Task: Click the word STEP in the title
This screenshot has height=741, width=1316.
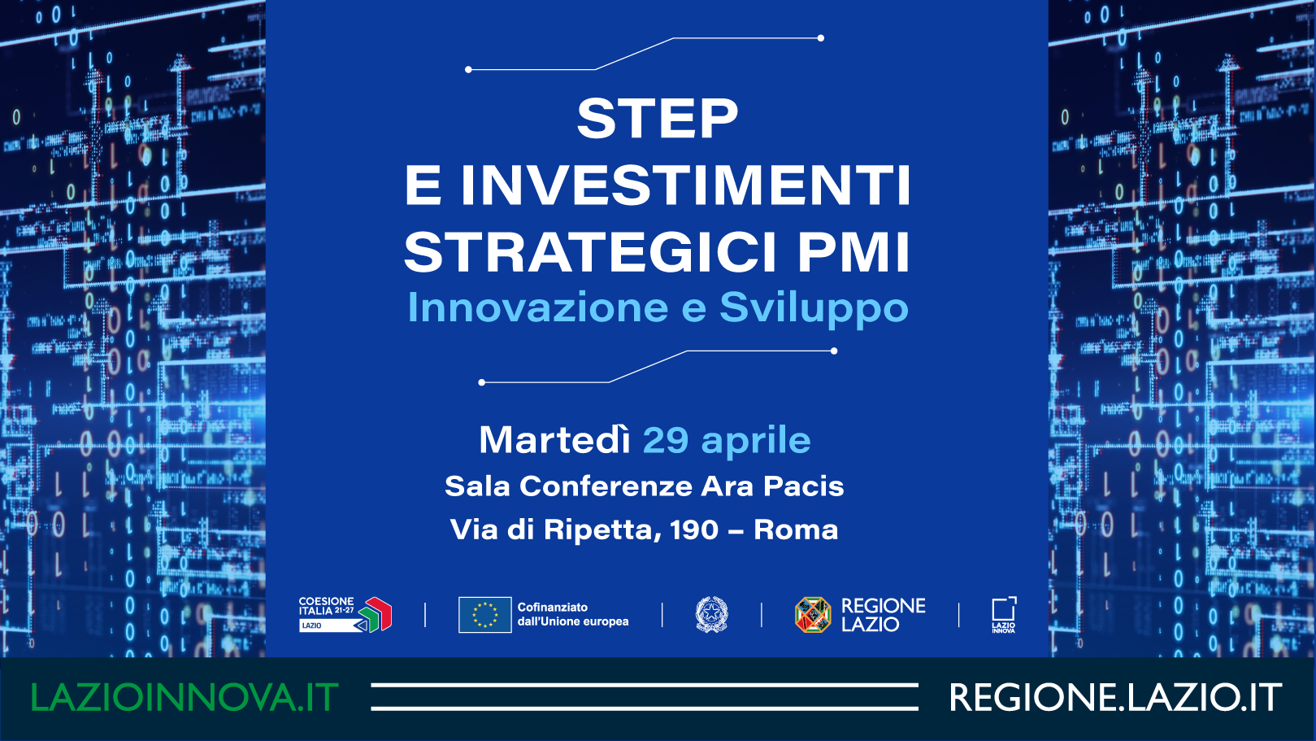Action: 658,119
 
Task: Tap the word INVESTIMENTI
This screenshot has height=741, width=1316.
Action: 685,185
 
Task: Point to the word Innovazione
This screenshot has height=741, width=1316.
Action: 538,307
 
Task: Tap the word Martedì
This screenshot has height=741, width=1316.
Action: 554,439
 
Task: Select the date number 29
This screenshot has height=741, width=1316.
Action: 666,440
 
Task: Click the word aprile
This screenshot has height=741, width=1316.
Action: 756,441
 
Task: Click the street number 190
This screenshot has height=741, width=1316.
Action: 694,530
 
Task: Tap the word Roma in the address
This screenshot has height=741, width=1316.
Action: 796,530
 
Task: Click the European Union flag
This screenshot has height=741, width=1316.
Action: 484,615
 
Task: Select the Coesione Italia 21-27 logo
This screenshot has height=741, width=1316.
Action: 345,615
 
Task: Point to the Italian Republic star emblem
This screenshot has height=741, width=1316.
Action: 711,615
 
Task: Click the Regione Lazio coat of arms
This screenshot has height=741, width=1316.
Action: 813,615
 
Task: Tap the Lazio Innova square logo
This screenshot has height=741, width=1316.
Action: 1003,615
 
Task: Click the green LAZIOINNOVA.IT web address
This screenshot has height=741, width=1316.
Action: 185,697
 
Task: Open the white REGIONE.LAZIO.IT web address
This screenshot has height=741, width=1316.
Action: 1115,697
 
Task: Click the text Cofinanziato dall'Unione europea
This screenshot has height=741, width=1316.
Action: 573,615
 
